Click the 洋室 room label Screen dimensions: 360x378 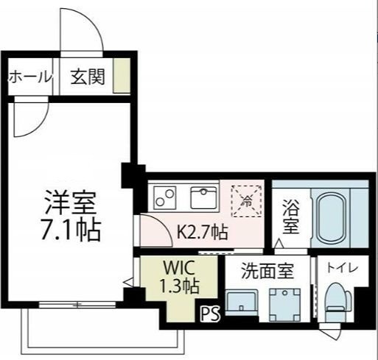[x=71, y=201]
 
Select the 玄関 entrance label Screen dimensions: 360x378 [x=88, y=77]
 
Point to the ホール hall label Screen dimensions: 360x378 [x=30, y=77]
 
